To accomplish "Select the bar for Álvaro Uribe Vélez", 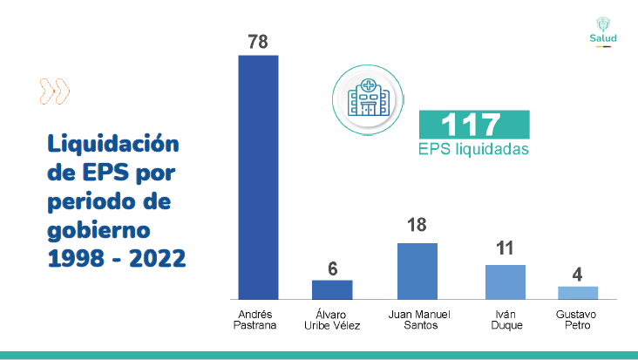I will tap(332, 289).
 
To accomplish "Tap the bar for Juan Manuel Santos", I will tap(417, 270).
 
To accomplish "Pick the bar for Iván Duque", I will tap(506, 282).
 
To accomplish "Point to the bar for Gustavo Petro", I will tap(578, 292).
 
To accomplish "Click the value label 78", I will tap(259, 41).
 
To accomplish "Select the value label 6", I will tap(332, 268).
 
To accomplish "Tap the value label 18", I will tap(417, 226).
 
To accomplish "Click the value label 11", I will tap(506, 248).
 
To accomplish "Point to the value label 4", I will tap(577, 275).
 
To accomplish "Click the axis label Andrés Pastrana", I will tap(258, 319).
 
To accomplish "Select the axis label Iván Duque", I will tap(506, 319).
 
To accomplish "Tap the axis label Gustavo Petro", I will tap(578, 319).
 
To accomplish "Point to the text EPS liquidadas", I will tap(473, 149).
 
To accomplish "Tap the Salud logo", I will tap(602, 31).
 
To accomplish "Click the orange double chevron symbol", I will tap(55, 91).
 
